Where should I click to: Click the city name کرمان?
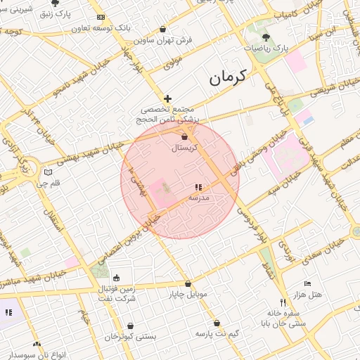pos(230,77)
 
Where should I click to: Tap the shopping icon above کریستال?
pos(185,136)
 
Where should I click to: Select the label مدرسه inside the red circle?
pos(199,198)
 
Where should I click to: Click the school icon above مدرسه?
pos(198,188)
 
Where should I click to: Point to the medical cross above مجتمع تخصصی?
pos(167,99)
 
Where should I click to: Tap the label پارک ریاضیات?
pos(266,49)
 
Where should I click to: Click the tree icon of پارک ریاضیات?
pos(266,37)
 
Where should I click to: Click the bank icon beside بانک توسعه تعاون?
pos(101,17)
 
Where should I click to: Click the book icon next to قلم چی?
pos(48,172)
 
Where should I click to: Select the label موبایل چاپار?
pos(188,294)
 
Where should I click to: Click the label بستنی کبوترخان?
pos(130,337)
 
